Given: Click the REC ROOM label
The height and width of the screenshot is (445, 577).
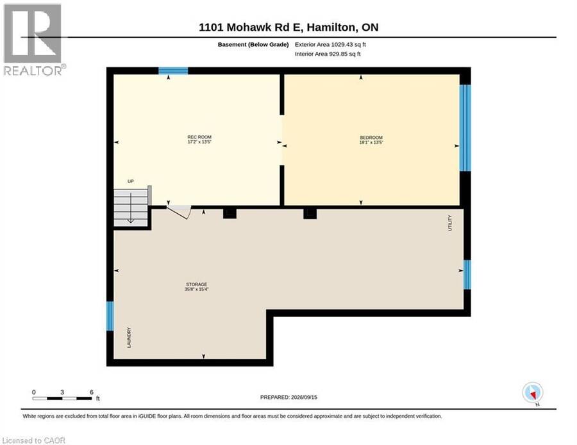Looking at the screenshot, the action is tap(199, 137).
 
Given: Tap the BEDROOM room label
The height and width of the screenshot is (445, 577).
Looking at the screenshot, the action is tap(371, 138).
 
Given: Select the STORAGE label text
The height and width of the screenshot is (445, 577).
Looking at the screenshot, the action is tap(197, 284).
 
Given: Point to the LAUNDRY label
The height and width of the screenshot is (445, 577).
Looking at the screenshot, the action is tap(129, 337).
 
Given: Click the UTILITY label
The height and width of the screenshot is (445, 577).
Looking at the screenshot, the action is tap(449, 223).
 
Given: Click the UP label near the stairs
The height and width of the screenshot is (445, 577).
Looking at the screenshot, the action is tap(131, 181).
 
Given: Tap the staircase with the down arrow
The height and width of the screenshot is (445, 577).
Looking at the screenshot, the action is tap(131, 207).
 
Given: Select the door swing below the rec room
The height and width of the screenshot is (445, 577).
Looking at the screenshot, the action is tap(180, 213).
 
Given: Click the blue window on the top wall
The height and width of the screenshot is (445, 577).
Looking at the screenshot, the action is tap(173, 70).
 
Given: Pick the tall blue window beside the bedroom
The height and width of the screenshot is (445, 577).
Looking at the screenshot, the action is tap(465, 128).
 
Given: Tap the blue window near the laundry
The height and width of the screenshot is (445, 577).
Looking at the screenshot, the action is tap(110, 316).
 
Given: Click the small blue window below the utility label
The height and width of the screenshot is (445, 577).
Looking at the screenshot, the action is tap(467, 275).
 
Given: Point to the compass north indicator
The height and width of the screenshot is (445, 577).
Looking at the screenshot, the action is tap(533, 393).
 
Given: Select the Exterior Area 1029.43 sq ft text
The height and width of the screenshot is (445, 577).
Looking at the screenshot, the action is tap(330, 44).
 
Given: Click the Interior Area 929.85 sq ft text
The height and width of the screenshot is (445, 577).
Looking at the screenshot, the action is tap(328, 54).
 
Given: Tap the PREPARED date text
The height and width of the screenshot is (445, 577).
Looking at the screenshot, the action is tap(288, 397).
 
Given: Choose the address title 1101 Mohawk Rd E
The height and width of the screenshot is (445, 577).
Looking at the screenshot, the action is tap(249, 27).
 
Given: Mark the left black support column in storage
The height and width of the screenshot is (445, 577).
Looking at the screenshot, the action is tap(230, 213).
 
